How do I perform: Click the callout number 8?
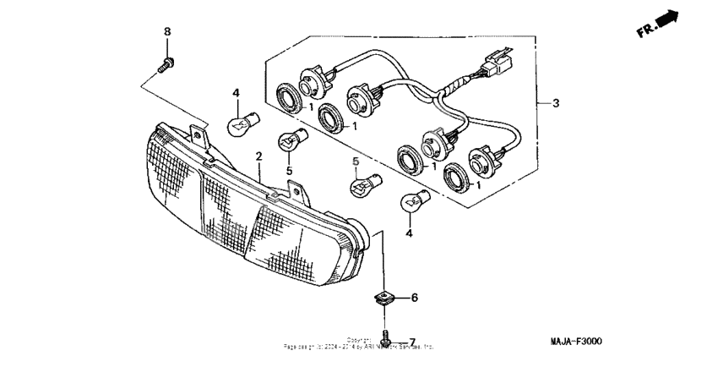click(166, 31)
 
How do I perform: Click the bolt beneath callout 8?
click(166, 62)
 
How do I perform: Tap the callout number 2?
click(259, 156)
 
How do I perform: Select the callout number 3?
click(555, 103)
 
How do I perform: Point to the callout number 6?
click(414, 298)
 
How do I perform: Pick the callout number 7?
click(412, 342)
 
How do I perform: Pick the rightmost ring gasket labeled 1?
click(459, 176)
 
